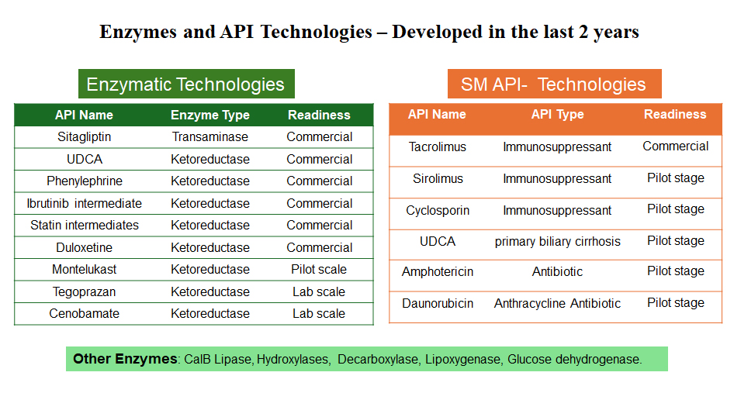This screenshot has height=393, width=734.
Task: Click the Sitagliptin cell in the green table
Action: point(85,137)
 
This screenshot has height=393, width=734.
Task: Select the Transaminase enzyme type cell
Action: point(210,137)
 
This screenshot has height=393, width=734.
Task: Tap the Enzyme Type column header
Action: point(210,115)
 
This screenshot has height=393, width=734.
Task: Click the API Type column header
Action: point(558,114)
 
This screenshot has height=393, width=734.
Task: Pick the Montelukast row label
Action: point(85,270)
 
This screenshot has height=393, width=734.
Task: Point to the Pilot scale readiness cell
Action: point(319,270)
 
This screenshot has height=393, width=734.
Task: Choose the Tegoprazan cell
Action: point(85,292)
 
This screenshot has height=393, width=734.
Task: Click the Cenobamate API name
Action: point(85,313)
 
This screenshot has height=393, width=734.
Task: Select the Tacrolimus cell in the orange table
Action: point(437,147)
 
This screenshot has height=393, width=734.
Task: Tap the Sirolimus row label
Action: point(438,179)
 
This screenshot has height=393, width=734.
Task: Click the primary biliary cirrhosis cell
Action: point(558,241)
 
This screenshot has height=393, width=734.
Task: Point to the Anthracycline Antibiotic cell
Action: point(558,304)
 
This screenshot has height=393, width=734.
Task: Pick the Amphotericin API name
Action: point(437,272)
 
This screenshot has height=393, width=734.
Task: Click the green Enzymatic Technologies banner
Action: point(186,84)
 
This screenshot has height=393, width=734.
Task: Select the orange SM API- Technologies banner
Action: point(554,84)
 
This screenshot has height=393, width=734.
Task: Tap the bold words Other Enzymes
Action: point(125,359)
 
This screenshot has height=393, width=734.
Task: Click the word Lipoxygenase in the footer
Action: point(462,360)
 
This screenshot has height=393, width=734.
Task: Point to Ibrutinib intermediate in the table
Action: point(85,204)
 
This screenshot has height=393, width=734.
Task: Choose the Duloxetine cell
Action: point(85,247)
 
